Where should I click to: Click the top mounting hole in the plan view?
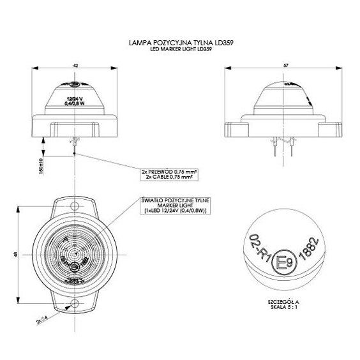[75, 207]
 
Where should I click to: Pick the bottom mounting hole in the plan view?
[75, 303]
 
